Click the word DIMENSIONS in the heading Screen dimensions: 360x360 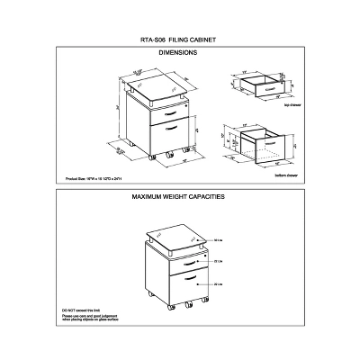pos(178,53)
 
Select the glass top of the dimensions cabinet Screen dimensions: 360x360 pos(156,85)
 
